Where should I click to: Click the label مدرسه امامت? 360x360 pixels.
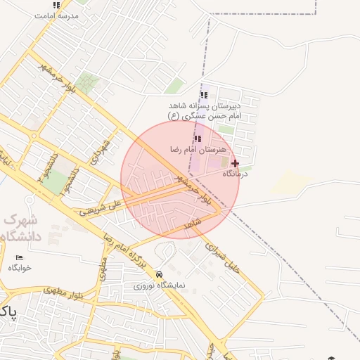[56, 15]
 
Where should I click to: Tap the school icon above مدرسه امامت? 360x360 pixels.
[56, 5]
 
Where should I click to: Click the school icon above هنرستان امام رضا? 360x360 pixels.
[198, 139]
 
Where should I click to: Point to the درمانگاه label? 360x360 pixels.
[233, 173]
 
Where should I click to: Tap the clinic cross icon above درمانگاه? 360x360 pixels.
[235, 162]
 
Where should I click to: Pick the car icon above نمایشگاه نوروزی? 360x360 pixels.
[159, 275]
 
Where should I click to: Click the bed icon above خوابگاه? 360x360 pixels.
[19, 257]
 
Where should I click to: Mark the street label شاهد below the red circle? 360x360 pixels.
[193, 224]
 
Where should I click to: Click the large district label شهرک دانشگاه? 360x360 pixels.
[21, 228]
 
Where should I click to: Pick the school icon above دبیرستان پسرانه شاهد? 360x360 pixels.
[204, 95]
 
